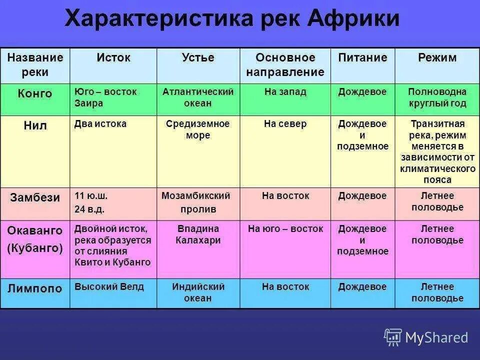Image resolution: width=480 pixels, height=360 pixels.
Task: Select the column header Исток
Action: [x=113, y=58]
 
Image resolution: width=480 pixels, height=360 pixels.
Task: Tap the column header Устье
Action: [x=198, y=58]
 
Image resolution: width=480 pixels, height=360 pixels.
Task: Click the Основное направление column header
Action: [x=285, y=65]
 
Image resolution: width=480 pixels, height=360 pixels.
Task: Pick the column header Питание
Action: [x=362, y=58]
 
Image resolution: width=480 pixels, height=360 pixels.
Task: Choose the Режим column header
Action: [x=437, y=58]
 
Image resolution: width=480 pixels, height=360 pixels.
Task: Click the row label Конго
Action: [x=35, y=93]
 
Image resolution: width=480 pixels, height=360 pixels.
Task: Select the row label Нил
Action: [x=35, y=125]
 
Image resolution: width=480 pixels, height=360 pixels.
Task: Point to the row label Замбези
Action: [x=35, y=197]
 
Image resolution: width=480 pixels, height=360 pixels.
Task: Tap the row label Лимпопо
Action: [x=35, y=288]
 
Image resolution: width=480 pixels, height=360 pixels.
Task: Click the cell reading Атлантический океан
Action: [x=198, y=97]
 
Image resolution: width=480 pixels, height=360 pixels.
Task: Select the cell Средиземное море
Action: [x=198, y=129]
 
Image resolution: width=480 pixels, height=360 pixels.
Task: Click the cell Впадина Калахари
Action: [x=198, y=234]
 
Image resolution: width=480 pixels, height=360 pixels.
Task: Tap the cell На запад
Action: [x=285, y=92]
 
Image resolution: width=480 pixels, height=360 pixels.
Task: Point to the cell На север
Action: [x=285, y=124]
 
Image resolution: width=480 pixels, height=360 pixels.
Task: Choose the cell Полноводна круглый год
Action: [x=437, y=97]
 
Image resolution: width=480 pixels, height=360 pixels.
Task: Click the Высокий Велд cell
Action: [x=109, y=287]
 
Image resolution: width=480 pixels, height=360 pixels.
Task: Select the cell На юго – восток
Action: [x=285, y=229]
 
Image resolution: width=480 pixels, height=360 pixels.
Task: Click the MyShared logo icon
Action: [x=393, y=337]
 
